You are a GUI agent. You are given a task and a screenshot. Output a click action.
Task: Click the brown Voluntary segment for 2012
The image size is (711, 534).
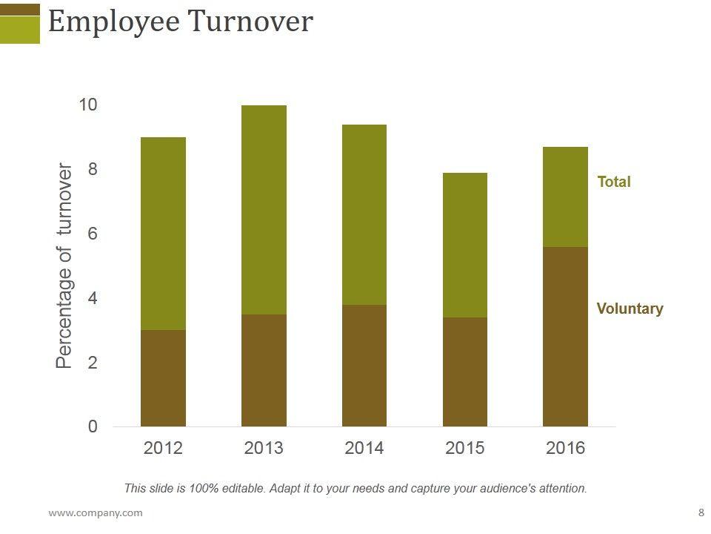click(x=163, y=378)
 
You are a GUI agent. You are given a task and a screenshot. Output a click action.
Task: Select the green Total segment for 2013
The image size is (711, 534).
click(x=264, y=210)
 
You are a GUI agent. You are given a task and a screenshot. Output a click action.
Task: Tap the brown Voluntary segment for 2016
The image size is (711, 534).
click(x=565, y=337)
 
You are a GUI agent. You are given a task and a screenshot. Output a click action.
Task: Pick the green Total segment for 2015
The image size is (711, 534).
click(x=465, y=245)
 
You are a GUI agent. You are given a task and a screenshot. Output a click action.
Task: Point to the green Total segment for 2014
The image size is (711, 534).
click(x=364, y=215)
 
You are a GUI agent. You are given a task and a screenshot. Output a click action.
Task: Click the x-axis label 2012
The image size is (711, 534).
click(x=163, y=448)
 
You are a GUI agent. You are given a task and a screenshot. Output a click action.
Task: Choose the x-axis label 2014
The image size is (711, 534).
click(x=364, y=448)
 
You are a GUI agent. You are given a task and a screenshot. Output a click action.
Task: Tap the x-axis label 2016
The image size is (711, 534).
click(x=565, y=448)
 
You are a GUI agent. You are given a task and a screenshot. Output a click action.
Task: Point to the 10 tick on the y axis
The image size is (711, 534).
click(x=88, y=105)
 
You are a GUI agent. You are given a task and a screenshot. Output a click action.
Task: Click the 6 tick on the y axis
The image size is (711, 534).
click(x=93, y=234)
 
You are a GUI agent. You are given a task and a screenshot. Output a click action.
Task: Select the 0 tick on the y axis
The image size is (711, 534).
click(x=93, y=426)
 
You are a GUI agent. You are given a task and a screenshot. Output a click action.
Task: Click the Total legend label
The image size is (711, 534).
click(x=614, y=182)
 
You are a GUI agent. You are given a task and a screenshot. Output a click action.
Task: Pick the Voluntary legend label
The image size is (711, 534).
click(x=630, y=309)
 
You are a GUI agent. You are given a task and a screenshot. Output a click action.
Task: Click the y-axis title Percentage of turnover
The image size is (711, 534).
click(x=65, y=266)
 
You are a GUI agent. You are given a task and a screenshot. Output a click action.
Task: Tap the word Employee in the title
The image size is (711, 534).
click(x=113, y=22)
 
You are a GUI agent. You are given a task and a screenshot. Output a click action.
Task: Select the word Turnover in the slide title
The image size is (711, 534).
click(x=250, y=22)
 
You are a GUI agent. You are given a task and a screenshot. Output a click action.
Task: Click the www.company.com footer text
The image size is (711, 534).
click(x=96, y=512)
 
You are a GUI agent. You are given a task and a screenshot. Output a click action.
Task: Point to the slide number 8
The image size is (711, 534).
click(x=701, y=512)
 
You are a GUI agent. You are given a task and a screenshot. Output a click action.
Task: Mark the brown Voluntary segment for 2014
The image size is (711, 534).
click(x=364, y=366)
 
